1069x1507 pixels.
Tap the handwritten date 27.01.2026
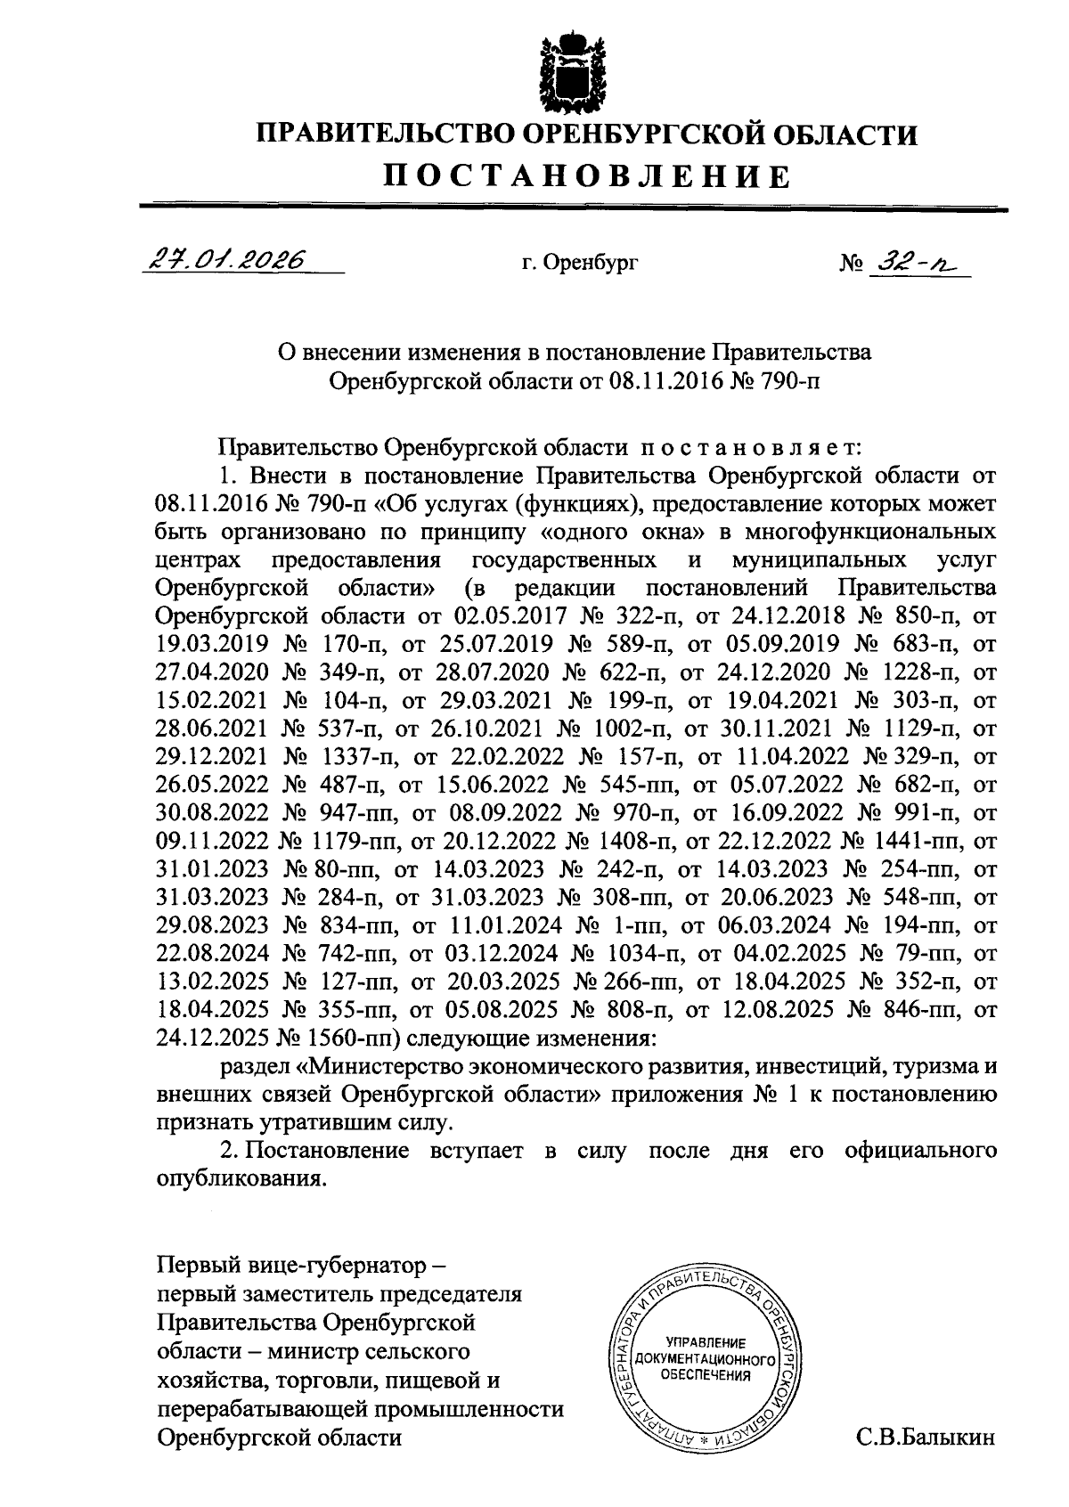pyautogui.click(x=225, y=259)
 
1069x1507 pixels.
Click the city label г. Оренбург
pyautogui.click(x=580, y=263)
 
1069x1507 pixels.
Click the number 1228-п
pyautogui.click(x=917, y=671)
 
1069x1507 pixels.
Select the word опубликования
pyautogui.click(x=241, y=1179)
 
